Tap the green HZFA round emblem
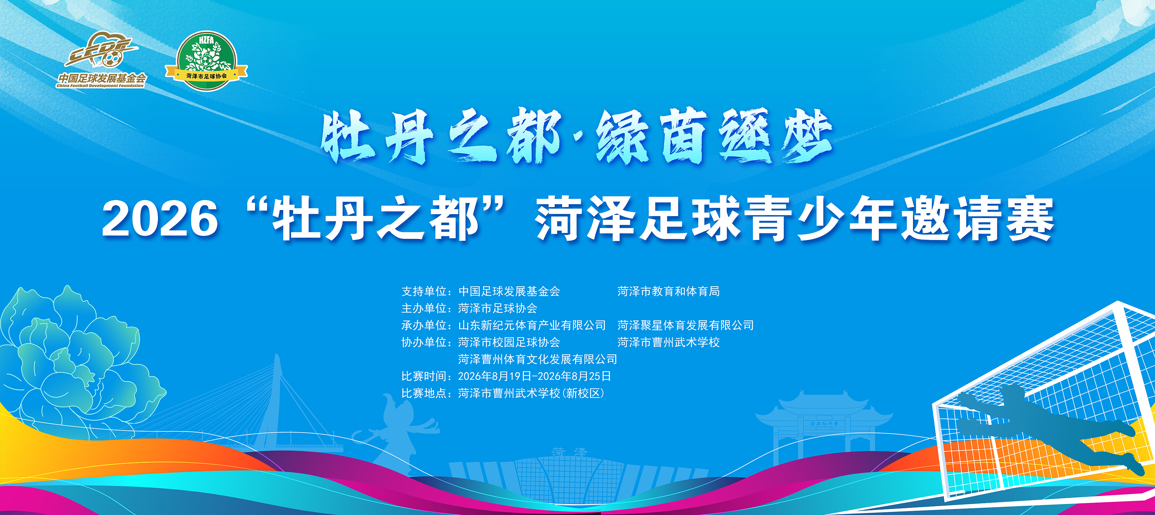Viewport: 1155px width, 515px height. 206,60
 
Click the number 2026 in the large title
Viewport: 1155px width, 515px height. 160,219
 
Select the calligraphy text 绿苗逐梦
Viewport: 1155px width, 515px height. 714,135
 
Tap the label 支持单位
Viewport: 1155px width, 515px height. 424,292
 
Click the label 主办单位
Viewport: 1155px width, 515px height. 424,309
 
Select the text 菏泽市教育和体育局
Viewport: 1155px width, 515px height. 669,292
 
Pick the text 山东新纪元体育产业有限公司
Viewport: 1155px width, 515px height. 532,325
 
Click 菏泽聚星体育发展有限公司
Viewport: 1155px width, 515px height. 686,325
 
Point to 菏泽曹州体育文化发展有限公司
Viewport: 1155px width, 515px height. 538,359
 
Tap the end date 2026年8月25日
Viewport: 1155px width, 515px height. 574,376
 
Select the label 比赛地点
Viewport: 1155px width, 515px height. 424,393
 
